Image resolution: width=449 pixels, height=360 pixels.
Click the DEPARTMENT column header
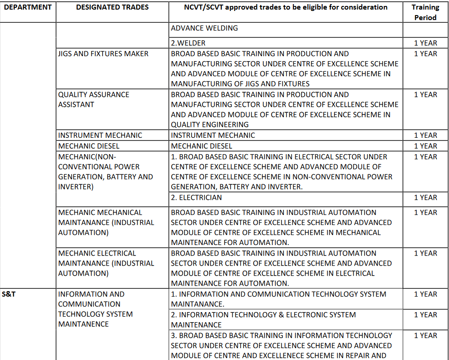[27, 7]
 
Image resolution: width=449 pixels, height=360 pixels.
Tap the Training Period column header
[425, 12]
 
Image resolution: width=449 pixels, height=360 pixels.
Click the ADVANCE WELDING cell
[204, 28]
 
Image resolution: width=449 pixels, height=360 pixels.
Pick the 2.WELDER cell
[188, 43]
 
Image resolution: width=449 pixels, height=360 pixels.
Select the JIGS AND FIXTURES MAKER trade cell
[103, 54]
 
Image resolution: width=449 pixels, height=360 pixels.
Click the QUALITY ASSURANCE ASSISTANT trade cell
[94, 99]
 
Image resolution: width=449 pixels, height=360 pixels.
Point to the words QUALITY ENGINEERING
[210, 125]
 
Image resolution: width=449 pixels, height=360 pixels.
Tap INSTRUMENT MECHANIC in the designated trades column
[100, 135]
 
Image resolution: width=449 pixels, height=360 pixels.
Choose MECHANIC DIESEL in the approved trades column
[202, 146]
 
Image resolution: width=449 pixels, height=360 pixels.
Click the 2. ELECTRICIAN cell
[197, 198]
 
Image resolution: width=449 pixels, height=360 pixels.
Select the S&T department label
[9, 294]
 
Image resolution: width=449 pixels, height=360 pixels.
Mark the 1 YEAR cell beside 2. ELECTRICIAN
[425, 198]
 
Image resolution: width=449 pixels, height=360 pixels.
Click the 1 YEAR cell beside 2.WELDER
[425, 43]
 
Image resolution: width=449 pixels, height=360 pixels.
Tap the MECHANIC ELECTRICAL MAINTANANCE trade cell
[106, 263]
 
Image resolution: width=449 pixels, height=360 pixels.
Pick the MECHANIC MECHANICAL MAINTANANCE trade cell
[106, 222]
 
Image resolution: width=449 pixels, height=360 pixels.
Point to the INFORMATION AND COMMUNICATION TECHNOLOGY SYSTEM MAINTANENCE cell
[95, 309]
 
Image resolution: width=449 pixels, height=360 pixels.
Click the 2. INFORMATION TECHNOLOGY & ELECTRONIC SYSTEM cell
[263, 319]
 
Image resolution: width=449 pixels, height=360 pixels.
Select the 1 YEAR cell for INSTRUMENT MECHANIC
[425, 135]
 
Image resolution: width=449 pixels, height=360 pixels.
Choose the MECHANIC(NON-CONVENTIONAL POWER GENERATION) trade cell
[105, 172]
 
